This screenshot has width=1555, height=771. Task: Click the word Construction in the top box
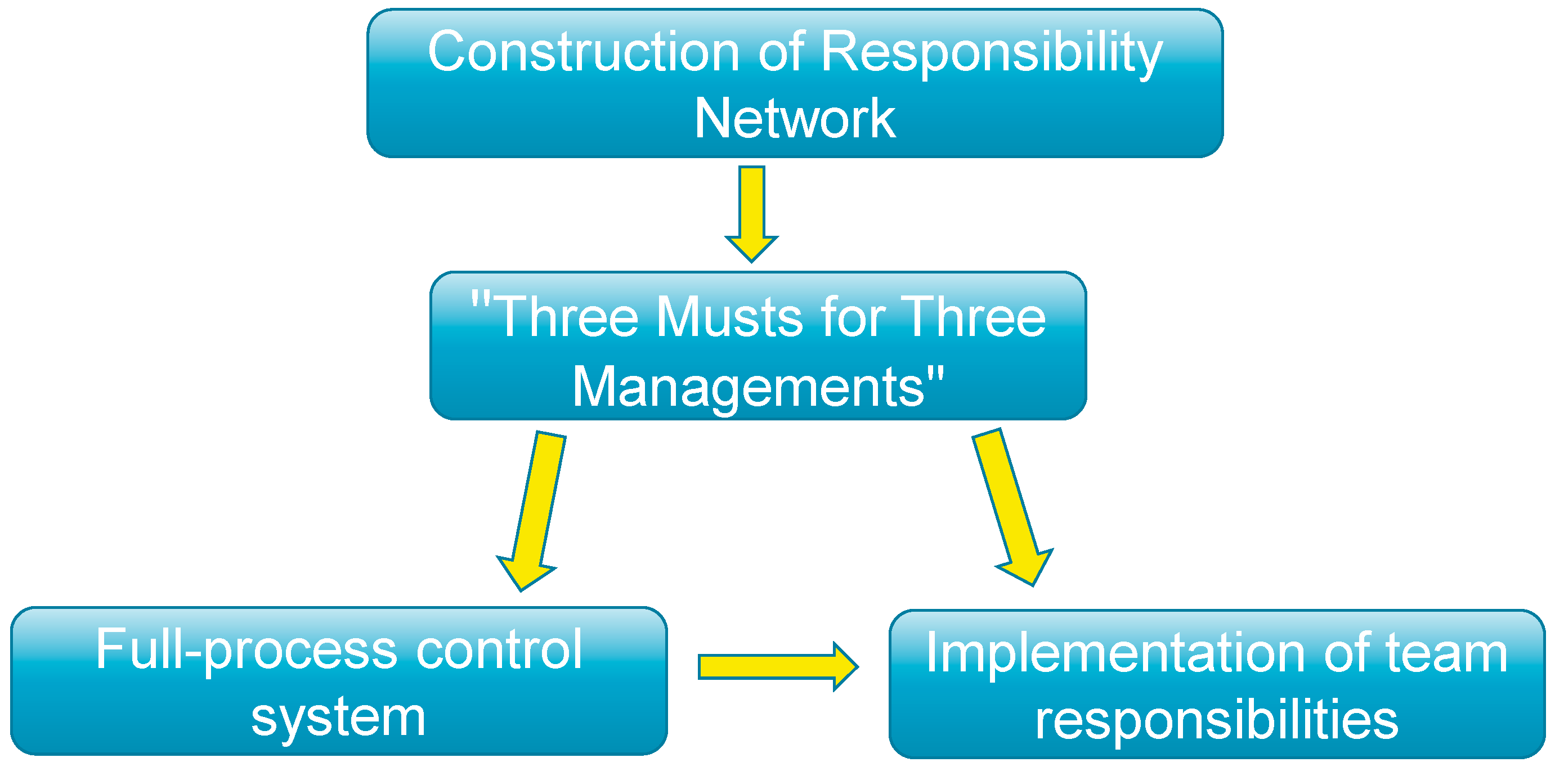(x=584, y=52)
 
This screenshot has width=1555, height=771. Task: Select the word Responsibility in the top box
(x=992, y=55)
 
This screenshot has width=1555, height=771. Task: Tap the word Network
(x=795, y=118)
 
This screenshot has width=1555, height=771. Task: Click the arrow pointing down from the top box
(x=751, y=214)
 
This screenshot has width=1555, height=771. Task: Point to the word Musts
(x=729, y=317)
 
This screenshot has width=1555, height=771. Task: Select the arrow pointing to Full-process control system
(x=531, y=512)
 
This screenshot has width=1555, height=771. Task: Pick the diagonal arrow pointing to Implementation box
(x=1013, y=507)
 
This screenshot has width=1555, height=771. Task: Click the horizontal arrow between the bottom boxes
(x=778, y=666)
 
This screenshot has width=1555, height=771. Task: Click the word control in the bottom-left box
(x=499, y=649)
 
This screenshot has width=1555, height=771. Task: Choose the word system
(x=339, y=719)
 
